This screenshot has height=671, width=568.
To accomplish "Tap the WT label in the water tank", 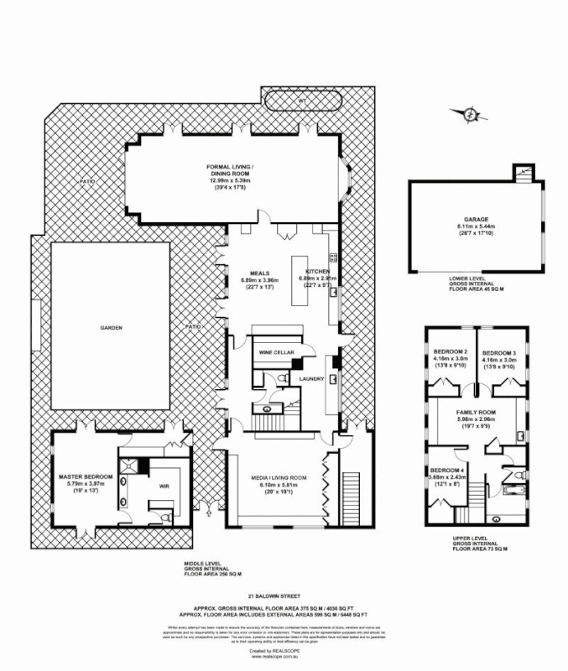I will (301, 102).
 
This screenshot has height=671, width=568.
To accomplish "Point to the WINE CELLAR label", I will (276, 355).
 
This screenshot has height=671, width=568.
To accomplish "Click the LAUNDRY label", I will (312, 379).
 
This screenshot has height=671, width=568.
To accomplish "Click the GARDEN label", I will (112, 328).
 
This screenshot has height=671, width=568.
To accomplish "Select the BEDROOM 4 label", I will (446, 470).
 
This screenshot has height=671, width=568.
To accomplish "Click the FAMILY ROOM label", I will (476, 414).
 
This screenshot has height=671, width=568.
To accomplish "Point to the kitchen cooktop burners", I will (333, 258).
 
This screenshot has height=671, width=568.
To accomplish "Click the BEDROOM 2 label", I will (451, 351).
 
